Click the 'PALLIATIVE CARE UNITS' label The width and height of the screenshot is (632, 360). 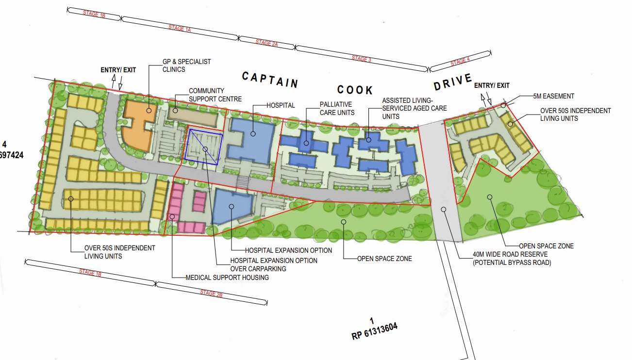coord(336,109)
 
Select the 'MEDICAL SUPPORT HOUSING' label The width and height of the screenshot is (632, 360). coord(227,278)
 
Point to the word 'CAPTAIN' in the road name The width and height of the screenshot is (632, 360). coord(270,80)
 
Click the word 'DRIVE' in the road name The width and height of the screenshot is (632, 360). coord(452,82)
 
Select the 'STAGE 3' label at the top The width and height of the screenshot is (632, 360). coord(361,59)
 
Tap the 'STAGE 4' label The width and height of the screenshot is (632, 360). coord(460,62)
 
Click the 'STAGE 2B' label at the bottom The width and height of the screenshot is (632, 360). coord(211,294)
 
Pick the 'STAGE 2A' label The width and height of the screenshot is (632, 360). coord(266,43)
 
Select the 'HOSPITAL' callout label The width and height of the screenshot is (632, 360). coord(281,105)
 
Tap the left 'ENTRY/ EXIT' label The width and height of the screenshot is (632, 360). coord(118,70)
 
